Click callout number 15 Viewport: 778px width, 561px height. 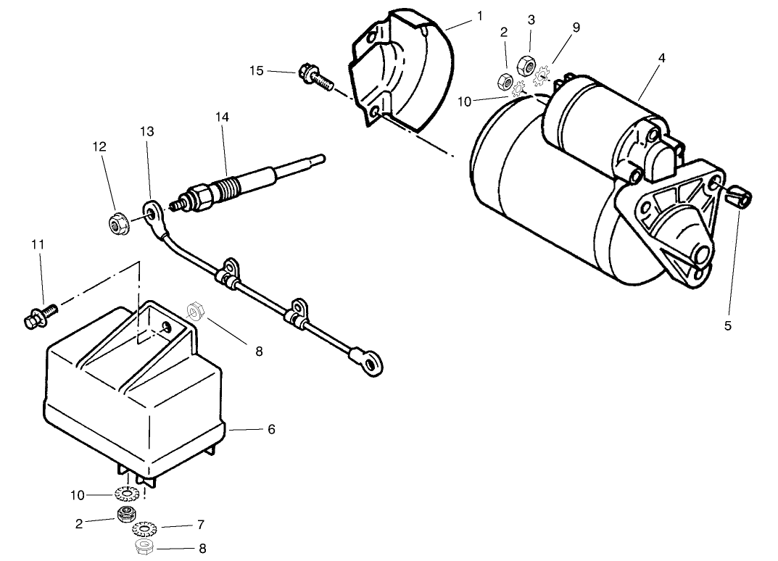tap(257, 70)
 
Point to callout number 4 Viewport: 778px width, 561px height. tap(661, 58)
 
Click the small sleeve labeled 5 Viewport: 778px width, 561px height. tap(738, 196)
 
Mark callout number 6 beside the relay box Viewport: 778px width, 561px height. tap(271, 429)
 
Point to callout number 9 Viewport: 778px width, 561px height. tap(576, 28)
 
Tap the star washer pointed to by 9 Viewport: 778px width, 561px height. tap(542, 73)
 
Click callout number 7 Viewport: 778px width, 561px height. tap(201, 524)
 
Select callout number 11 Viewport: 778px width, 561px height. tap(37, 245)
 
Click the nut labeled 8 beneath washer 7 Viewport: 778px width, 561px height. tap(144, 546)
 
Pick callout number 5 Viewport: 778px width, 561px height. tap(727, 326)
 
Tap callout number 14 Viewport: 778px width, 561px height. tap(221, 116)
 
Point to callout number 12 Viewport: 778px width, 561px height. tap(99, 146)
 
